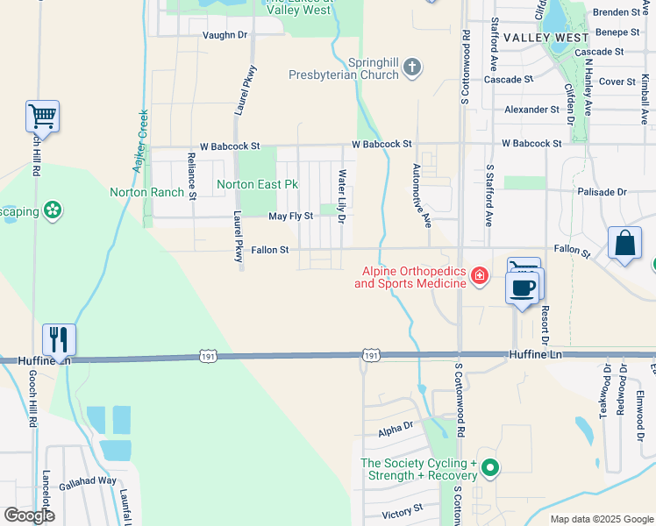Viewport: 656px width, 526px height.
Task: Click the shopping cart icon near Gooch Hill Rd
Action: tap(42, 115)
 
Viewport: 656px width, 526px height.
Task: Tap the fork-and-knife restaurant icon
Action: tap(59, 338)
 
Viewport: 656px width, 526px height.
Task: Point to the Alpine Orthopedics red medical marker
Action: tap(479, 277)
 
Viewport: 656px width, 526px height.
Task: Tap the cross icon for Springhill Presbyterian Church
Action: tap(412, 68)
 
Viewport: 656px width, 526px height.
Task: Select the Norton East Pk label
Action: tap(258, 185)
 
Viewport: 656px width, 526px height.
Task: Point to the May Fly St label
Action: tap(290, 216)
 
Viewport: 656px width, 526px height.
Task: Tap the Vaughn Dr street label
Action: tap(225, 35)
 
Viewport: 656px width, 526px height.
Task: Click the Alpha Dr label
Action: tap(396, 428)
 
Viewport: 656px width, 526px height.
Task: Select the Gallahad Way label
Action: tap(88, 481)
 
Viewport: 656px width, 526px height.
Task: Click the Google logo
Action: tap(29, 515)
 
